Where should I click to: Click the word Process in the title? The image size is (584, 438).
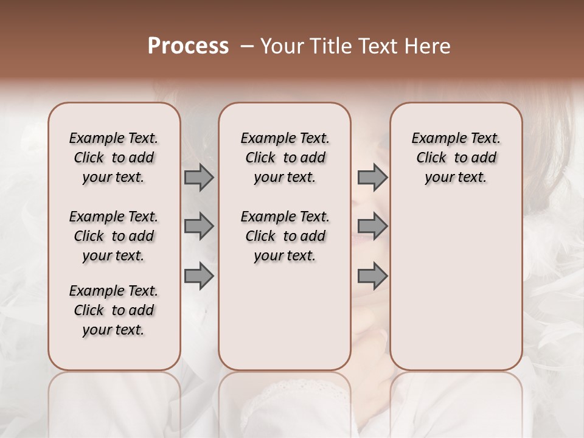(188, 46)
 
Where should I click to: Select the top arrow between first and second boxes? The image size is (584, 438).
(199, 178)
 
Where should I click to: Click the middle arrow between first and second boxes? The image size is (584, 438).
(199, 226)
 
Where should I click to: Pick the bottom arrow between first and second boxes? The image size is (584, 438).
(199, 276)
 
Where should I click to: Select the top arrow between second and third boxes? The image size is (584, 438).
(372, 178)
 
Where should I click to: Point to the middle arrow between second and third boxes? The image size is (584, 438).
(372, 226)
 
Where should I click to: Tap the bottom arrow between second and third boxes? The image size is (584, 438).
(372, 276)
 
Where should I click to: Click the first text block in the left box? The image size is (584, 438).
(114, 158)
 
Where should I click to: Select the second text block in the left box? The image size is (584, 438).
(114, 236)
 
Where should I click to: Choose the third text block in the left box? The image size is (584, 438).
(114, 310)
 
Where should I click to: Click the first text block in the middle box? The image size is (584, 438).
(285, 158)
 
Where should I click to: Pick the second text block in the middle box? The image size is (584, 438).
(285, 236)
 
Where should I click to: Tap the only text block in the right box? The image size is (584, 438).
(456, 158)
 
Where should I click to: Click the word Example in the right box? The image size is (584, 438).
(437, 139)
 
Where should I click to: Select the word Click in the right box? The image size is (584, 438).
(431, 158)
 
